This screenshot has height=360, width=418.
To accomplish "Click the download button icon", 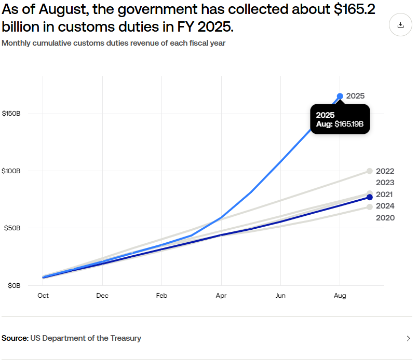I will tap(400, 25).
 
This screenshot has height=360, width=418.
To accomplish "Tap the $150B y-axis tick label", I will tap(11, 114).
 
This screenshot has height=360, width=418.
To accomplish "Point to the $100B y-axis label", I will tap(11, 171).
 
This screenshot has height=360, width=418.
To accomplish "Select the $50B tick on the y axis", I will tap(12, 228).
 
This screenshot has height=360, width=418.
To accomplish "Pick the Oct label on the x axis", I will tap(43, 296).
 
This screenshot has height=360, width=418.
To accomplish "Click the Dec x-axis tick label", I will tap(102, 296).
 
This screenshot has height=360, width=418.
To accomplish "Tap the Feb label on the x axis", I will tap(161, 296).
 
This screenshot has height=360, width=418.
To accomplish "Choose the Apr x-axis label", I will tap(221, 296).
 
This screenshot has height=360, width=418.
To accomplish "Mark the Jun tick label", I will tap(280, 296).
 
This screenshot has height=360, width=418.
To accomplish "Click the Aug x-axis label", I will tap(340, 296).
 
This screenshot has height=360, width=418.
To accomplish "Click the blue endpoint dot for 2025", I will tap(340, 96).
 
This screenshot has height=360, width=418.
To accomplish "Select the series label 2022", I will tap(385, 171).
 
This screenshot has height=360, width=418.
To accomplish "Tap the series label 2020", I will tap(385, 218).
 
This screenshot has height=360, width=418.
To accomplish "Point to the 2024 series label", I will tap(385, 206).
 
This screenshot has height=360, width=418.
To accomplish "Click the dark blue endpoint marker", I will tap(370, 197).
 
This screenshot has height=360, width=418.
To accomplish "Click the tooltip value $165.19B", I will tap(348, 124).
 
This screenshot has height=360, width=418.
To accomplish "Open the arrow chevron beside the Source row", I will tap(409, 339).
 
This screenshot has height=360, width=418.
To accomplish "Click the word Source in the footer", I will tap(15, 338).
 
